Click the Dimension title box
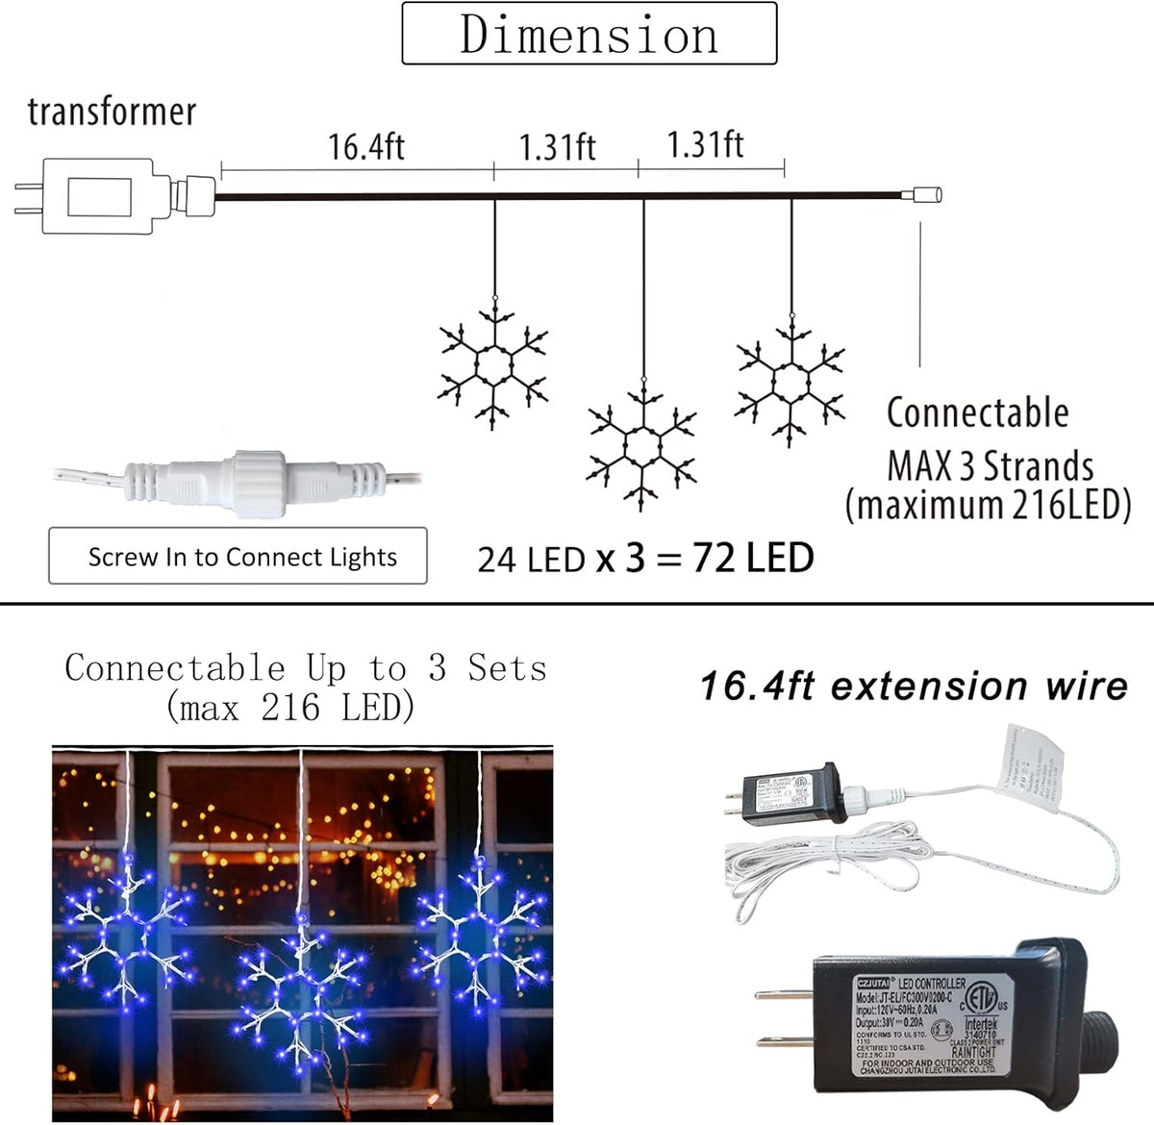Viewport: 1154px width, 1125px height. pyautogui.click(x=589, y=34)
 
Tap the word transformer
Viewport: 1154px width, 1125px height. pyautogui.click(x=112, y=112)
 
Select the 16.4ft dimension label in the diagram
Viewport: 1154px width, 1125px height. pyautogui.click(x=365, y=147)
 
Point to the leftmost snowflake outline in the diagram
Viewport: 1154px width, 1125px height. pyautogui.click(x=494, y=364)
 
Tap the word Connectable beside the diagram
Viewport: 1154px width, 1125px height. pyautogui.click(x=977, y=412)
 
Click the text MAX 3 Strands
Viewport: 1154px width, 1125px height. pyautogui.click(x=990, y=466)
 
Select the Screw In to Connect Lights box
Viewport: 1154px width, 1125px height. pyautogui.click(x=238, y=556)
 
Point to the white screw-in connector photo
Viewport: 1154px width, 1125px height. pyautogui.click(x=255, y=475)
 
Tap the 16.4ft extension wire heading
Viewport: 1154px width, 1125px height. pyautogui.click(x=913, y=687)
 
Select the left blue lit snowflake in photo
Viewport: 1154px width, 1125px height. pyautogui.click(x=125, y=931)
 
